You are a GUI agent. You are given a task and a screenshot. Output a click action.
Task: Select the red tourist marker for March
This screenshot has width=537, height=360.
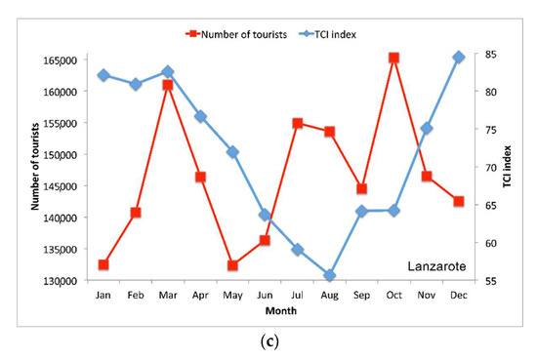click(168, 85)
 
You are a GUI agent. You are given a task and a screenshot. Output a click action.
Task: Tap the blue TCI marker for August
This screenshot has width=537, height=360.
click(330, 275)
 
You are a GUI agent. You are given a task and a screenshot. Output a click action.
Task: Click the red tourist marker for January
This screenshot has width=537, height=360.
click(103, 264)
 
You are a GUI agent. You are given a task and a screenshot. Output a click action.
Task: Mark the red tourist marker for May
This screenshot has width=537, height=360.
click(232, 264)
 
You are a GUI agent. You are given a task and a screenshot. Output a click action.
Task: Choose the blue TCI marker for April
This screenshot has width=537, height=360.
click(200, 116)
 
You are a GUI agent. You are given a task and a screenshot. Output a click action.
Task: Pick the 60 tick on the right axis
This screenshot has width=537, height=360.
click(482, 243)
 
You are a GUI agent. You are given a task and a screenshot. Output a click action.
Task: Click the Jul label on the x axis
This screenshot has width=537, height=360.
click(297, 295)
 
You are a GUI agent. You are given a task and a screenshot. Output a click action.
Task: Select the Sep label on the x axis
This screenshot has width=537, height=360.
click(361, 295)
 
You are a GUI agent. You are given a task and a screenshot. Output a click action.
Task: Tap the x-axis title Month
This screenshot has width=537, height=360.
click(279, 311)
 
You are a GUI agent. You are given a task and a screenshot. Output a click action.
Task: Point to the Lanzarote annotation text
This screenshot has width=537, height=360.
click(436, 265)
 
